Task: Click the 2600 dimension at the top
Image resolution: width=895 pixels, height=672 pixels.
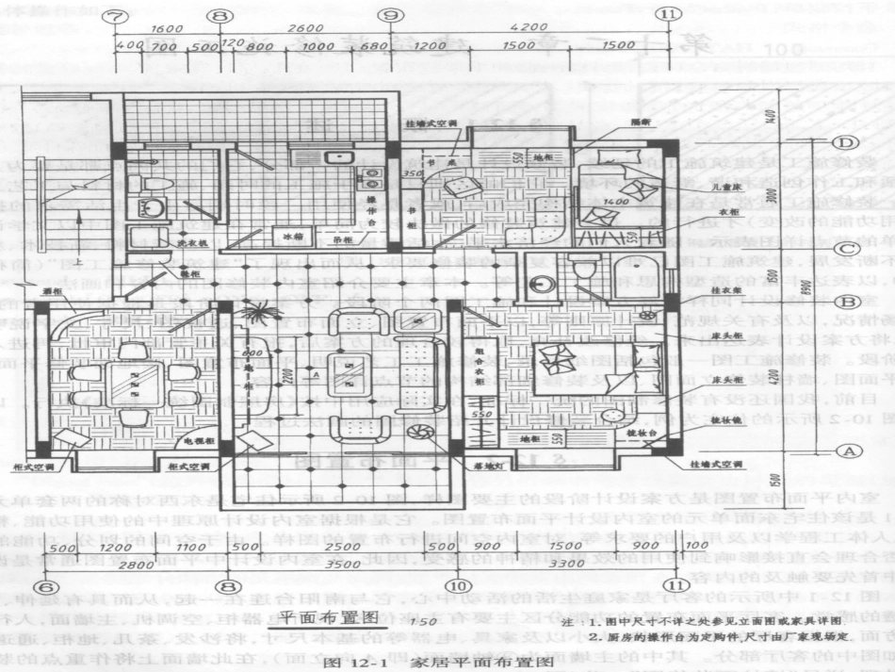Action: click(307, 28)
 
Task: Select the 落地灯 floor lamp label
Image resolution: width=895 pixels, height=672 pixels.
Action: click(487, 466)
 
